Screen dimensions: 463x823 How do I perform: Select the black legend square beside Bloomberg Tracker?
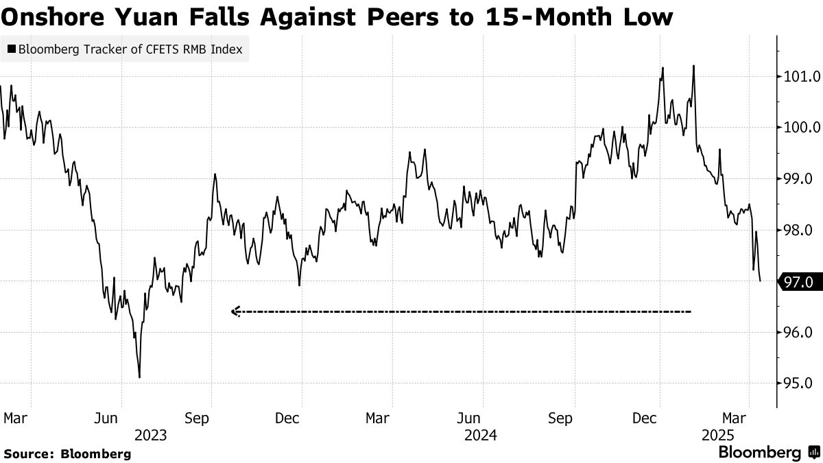point(11,50)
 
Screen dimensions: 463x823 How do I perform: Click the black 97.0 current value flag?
point(800,281)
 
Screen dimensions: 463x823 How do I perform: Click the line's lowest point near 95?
point(139,377)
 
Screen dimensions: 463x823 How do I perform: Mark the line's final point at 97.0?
point(761,281)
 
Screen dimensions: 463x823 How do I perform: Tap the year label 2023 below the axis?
point(150,435)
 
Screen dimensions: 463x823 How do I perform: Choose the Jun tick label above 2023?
point(121,418)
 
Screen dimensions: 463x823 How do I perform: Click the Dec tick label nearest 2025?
point(660,418)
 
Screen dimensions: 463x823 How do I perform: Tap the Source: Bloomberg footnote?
point(67,453)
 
